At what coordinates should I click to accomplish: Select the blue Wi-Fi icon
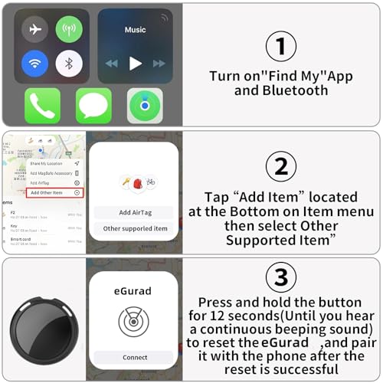click(x=34, y=63)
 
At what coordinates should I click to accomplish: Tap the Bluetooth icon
click(x=69, y=63)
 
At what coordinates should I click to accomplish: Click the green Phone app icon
click(x=42, y=106)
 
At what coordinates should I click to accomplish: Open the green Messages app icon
click(x=93, y=106)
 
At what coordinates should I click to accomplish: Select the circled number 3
click(x=280, y=277)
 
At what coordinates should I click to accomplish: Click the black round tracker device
click(x=44, y=329)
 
